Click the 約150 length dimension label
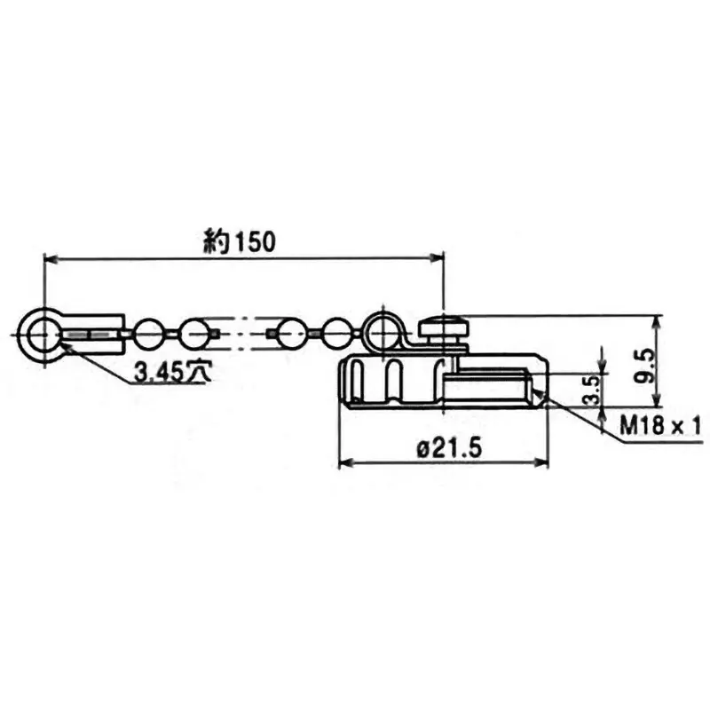point(240,240)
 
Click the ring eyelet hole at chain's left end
point(42,335)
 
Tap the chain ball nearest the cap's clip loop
point(337,335)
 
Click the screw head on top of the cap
point(443,329)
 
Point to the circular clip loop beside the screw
point(382,331)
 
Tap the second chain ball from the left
point(193,335)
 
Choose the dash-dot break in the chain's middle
point(244,335)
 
